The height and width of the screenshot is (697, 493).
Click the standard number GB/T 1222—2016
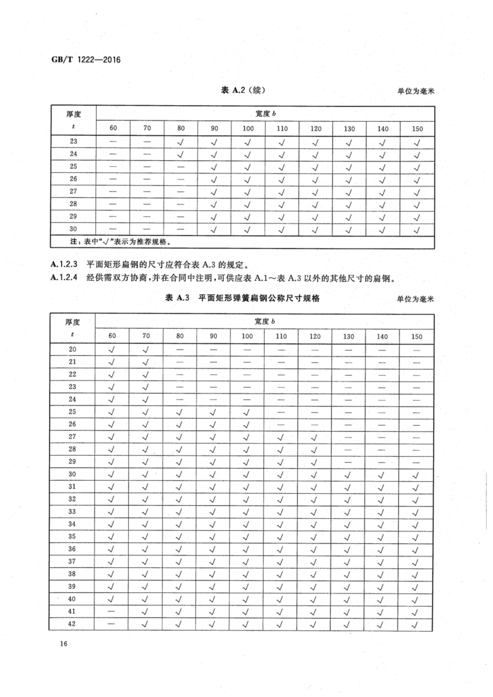tap(86, 60)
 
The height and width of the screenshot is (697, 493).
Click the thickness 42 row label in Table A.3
tap(72, 624)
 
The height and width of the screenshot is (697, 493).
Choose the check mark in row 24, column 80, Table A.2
tap(180, 155)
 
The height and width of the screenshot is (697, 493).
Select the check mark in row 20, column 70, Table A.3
tap(146, 350)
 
